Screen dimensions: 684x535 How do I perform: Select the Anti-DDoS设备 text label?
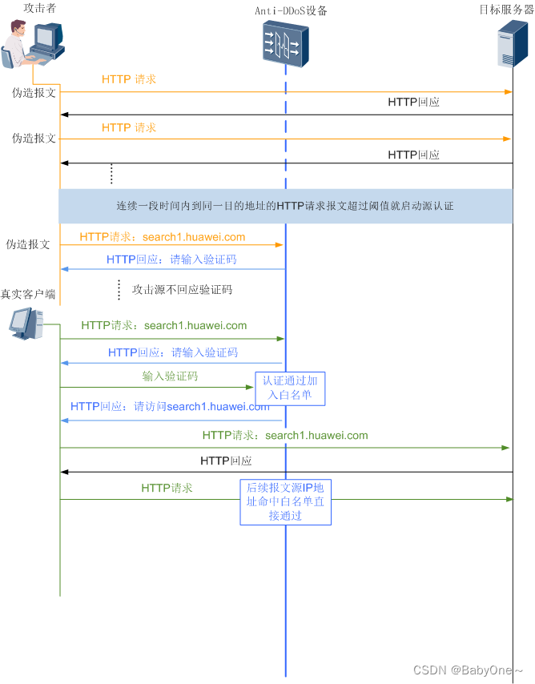tap(291, 10)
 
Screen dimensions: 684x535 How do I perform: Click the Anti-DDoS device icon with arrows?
tap(285, 43)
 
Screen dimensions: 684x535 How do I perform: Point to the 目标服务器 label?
tap(502, 10)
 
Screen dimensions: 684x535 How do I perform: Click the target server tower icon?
tap(513, 43)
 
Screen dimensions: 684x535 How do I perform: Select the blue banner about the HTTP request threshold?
tap(285, 206)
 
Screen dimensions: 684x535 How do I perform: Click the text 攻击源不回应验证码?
tap(182, 289)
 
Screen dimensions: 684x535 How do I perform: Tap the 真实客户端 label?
tap(28, 295)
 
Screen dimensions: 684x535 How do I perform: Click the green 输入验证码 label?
tap(170, 376)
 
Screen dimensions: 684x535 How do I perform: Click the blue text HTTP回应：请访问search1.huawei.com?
tap(170, 406)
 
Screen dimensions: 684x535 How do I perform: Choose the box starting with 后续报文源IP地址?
tap(286, 501)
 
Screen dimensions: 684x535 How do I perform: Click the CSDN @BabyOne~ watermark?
tap(468, 670)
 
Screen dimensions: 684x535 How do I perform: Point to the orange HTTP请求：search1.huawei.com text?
tap(163, 237)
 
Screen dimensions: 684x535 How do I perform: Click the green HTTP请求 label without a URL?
tap(167, 487)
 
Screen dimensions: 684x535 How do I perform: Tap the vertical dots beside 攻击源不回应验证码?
tap(119, 288)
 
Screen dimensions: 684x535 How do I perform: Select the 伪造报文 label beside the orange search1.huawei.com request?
tap(28, 244)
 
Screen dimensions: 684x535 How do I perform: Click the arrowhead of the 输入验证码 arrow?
tap(249, 388)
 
